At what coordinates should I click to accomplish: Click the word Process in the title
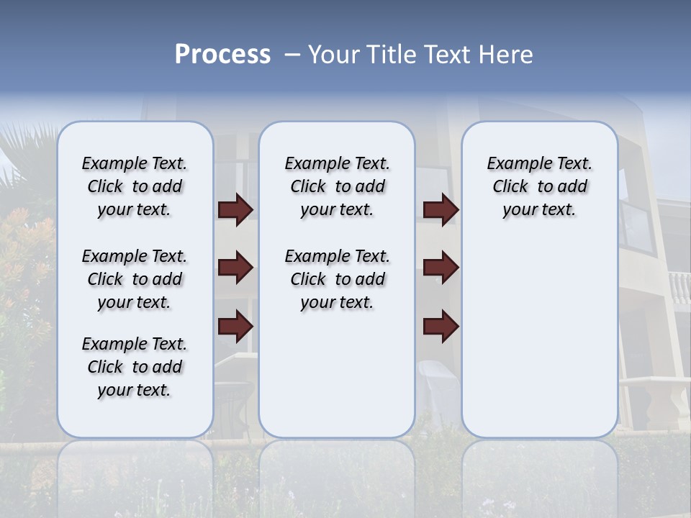tap(222, 54)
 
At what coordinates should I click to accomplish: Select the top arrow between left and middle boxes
tap(235, 210)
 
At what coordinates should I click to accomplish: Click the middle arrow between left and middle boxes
tap(235, 268)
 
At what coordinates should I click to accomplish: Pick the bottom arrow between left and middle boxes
tap(235, 326)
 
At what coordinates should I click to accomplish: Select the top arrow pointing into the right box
tap(441, 210)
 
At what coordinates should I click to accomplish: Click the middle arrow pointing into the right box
tap(441, 268)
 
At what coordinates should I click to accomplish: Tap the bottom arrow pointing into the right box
tap(441, 326)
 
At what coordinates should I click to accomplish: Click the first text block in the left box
tap(135, 186)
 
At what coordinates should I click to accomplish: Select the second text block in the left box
tap(135, 279)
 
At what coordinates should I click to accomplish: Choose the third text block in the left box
tap(135, 367)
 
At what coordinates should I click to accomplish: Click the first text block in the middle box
tap(337, 186)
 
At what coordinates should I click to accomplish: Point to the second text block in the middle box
tap(337, 279)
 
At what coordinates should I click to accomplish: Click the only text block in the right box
tap(539, 186)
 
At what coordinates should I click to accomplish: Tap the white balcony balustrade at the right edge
tap(679, 288)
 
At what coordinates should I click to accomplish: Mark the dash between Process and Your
tap(292, 55)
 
